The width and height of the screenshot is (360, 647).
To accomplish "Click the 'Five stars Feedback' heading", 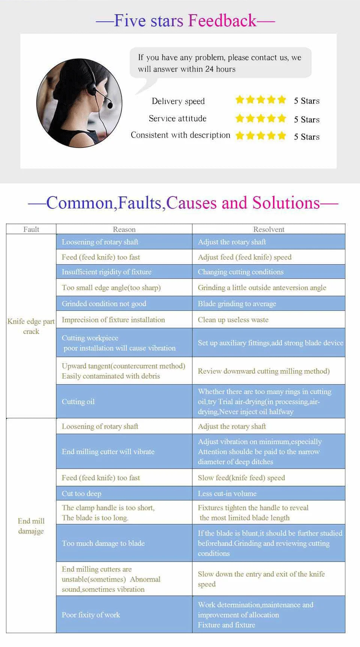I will click(185, 21).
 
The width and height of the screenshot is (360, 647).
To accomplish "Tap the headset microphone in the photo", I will click(109, 105).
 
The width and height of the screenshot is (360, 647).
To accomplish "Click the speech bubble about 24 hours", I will click(220, 63).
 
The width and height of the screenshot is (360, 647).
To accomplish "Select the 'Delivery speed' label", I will click(178, 101).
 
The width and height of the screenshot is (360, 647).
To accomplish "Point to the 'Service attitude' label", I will click(177, 118).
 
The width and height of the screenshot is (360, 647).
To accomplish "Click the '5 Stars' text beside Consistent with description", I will click(306, 137).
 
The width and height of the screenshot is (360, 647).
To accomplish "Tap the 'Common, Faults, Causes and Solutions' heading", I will click(183, 203).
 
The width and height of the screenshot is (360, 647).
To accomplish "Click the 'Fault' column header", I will click(31, 229).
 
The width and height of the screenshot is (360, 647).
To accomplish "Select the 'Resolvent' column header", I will click(268, 229).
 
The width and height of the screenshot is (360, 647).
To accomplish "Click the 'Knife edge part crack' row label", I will click(31, 326).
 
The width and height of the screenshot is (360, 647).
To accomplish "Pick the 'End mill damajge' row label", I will click(31, 526).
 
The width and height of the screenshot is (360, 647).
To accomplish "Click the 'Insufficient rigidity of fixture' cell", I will click(106, 272).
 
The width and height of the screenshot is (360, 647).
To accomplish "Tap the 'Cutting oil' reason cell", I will click(78, 401).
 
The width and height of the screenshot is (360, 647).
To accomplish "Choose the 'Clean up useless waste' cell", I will click(233, 320).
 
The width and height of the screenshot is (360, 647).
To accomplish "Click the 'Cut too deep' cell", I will click(81, 493).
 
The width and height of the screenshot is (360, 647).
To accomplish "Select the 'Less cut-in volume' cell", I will click(227, 493).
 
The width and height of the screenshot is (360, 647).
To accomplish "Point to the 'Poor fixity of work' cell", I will click(91, 615).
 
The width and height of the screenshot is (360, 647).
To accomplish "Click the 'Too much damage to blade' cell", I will click(103, 543).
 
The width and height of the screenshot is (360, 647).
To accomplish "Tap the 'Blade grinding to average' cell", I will click(237, 304).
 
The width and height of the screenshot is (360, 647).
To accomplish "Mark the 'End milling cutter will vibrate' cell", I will click(108, 452).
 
